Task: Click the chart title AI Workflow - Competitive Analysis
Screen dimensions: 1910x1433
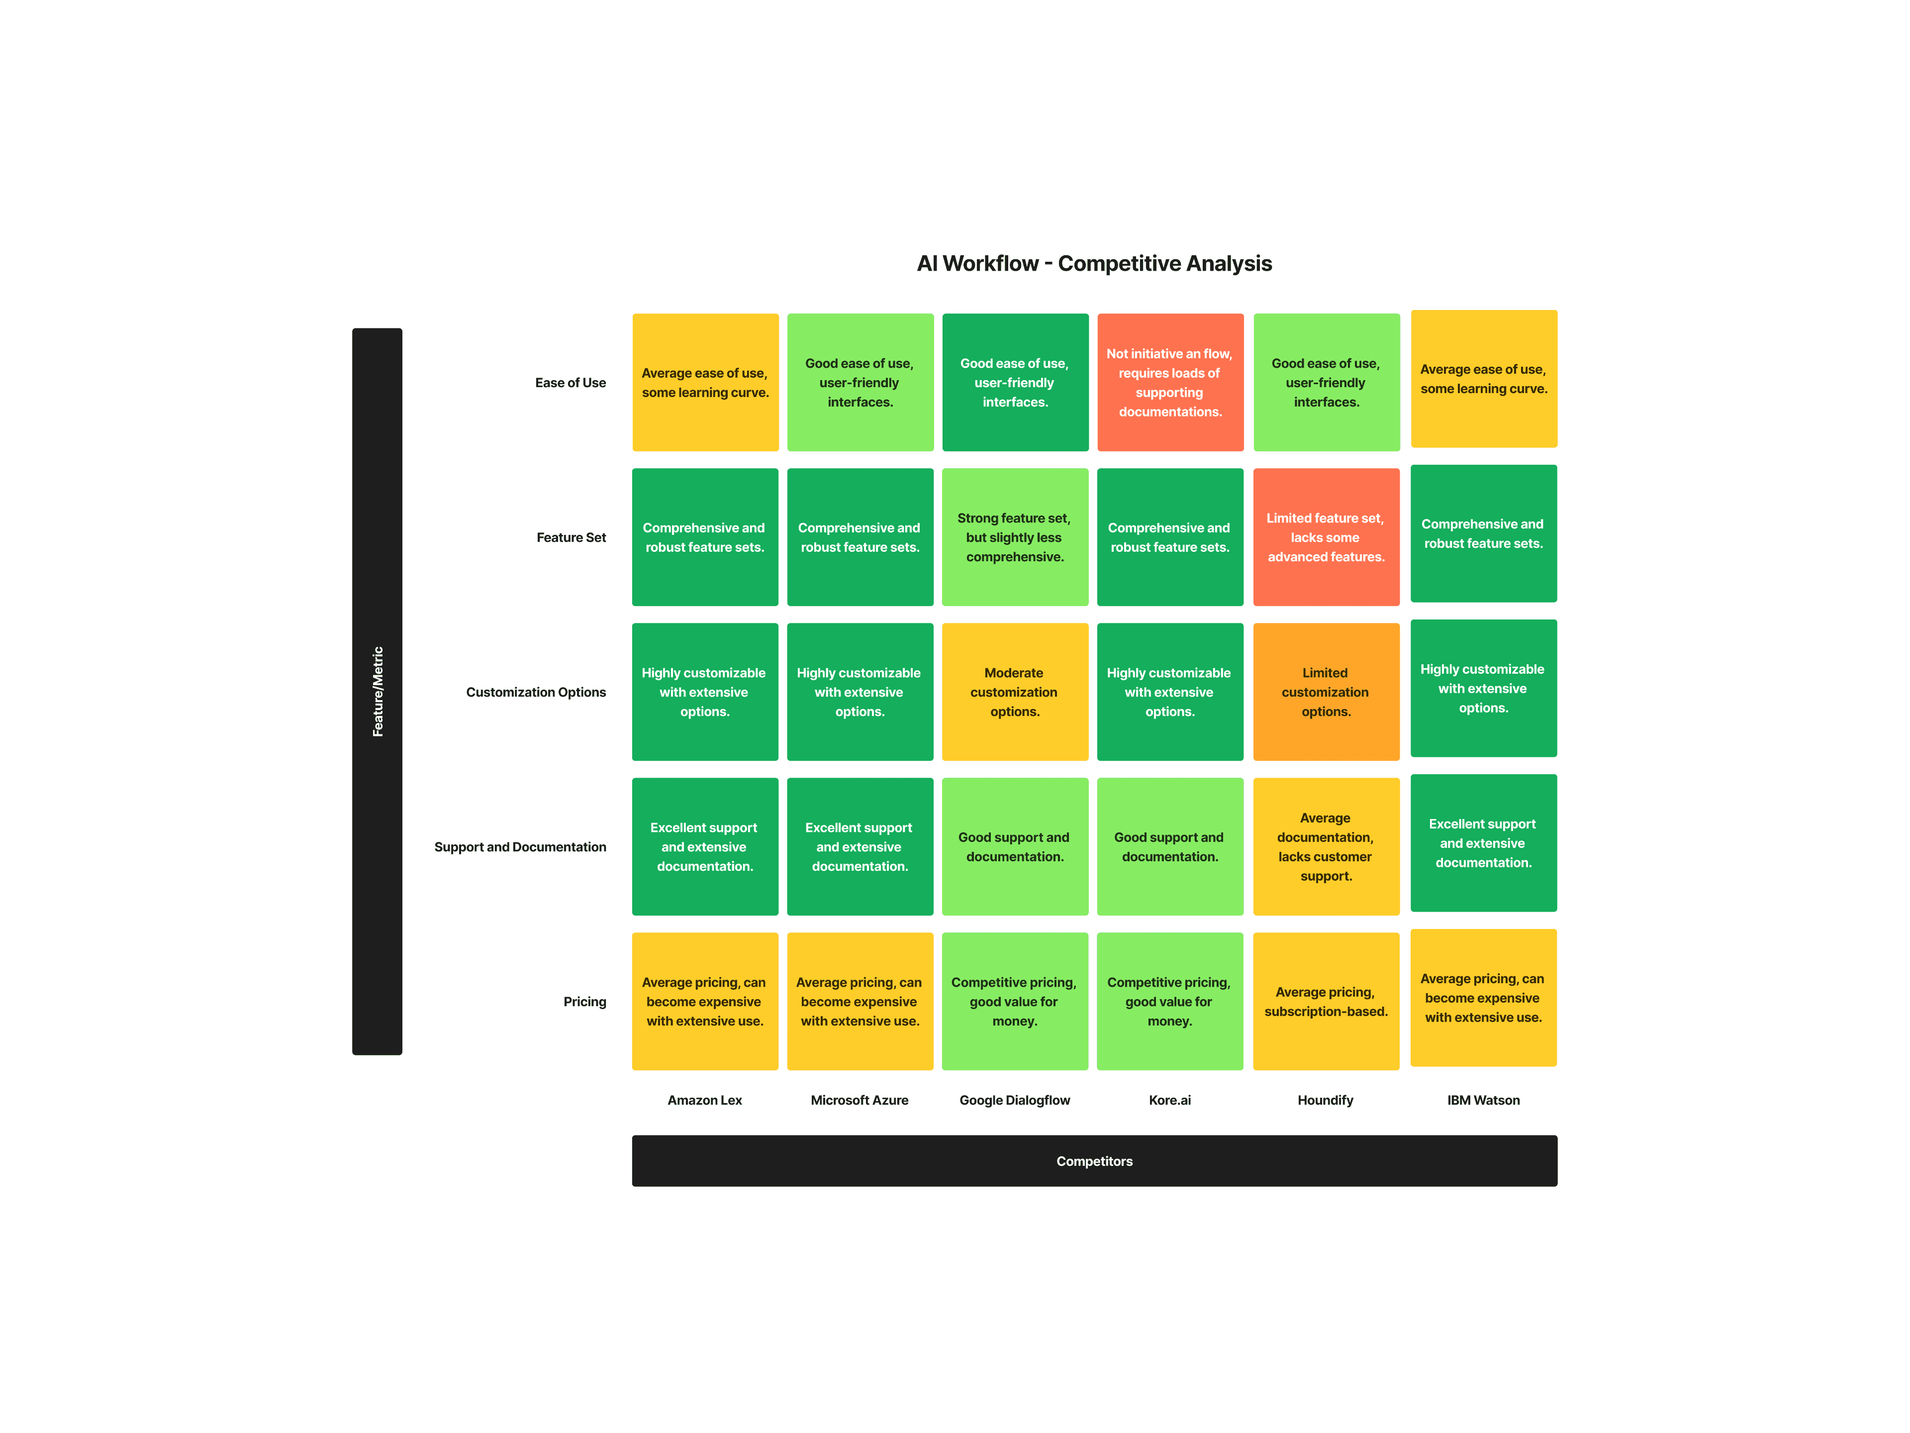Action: (1094, 263)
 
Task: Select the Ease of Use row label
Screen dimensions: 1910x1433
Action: (570, 383)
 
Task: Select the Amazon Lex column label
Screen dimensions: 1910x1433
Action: (705, 1100)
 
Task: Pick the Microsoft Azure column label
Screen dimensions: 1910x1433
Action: (859, 1100)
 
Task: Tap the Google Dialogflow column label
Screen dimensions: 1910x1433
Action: (1015, 1100)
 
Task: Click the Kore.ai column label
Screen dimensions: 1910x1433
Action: (1169, 1100)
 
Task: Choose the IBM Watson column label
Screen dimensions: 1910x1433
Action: (1483, 1100)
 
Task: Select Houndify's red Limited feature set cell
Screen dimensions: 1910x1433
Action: (1326, 537)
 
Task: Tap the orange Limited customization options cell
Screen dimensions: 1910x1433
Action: (1326, 692)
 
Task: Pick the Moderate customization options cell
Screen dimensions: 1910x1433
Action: (1015, 692)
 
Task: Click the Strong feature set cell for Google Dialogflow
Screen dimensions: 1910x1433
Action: (1015, 537)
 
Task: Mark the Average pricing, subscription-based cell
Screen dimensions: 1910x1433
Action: (1326, 1001)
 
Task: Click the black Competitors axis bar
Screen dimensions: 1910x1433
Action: (1094, 1161)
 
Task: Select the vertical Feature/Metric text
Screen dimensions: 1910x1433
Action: (378, 691)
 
